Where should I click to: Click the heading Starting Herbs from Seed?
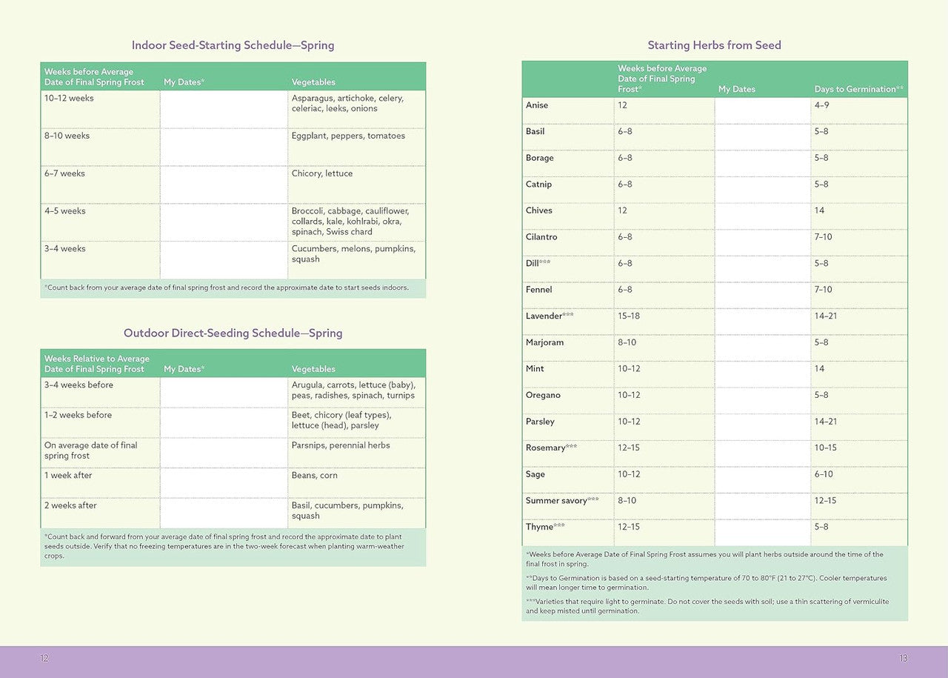coord(714,45)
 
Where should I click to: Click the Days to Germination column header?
coord(858,89)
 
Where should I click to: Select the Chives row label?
coord(539,210)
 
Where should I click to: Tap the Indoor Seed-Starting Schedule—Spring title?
coord(233,45)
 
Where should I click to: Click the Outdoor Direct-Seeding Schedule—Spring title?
coord(233,333)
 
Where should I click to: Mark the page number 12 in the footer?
coord(44,658)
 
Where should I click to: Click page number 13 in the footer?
coord(903,658)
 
